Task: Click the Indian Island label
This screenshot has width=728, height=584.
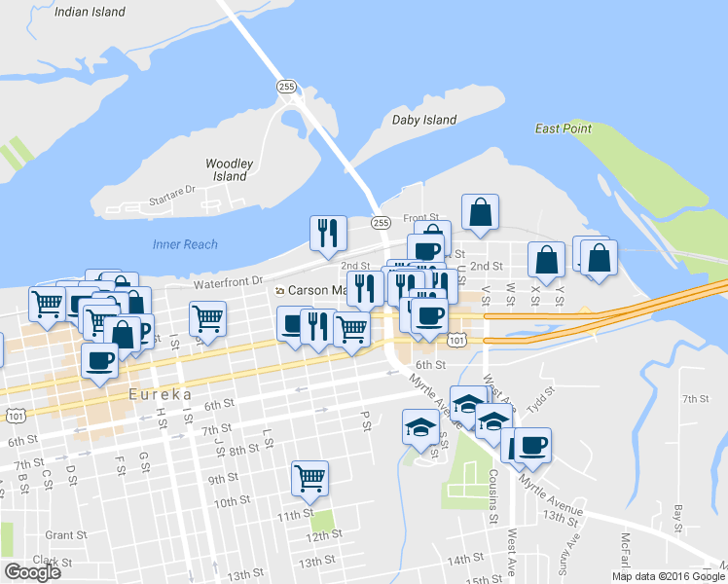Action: coord(91,12)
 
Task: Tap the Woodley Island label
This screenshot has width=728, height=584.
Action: coord(230,170)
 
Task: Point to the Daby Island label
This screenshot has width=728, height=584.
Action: coord(423,120)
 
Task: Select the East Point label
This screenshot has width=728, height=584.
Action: coord(563,128)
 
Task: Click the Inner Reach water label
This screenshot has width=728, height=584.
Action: coord(185,244)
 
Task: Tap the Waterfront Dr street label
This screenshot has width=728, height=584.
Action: coord(228,282)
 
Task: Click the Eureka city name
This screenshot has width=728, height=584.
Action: coord(158,395)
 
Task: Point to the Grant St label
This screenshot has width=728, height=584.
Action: coord(66,534)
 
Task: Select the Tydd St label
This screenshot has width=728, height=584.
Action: coord(541,391)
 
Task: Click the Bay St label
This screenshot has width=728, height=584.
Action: coord(679,512)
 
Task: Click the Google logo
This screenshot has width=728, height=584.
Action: coord(32,571)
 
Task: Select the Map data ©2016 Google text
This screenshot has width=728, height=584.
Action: coord(668,576)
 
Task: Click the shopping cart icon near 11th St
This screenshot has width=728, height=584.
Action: coord(309,477)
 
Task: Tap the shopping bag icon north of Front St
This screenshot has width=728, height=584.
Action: coord(481,211)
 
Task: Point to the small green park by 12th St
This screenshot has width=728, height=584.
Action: coord(321,522)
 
